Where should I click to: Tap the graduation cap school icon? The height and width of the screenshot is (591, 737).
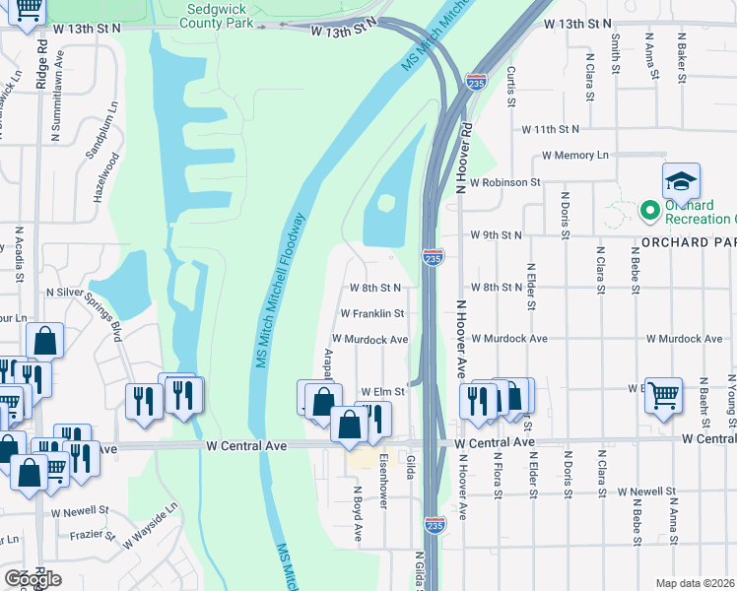point(680,182)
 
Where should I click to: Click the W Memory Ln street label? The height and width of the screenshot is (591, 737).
point(574,156)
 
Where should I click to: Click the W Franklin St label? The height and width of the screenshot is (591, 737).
point(372,313)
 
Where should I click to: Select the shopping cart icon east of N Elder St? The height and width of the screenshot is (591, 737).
point(663,395)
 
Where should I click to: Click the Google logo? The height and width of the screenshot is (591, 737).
point(32,579)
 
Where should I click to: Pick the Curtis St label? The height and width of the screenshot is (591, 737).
point(511,87)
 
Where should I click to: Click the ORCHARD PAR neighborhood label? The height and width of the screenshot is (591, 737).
point(688,242)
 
